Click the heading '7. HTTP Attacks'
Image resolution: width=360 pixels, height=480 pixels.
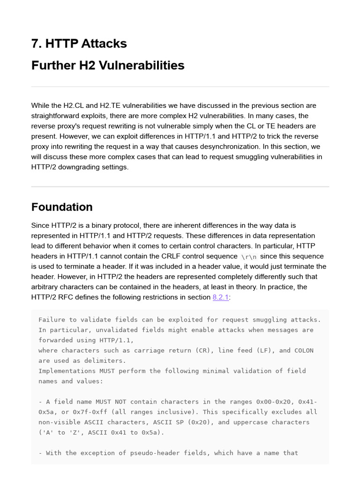(79, 44)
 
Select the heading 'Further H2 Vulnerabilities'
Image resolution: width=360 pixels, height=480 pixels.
(108, 65)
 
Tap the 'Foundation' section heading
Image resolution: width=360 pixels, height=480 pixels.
(62, 207)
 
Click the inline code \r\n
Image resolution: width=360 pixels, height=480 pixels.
(248, 256)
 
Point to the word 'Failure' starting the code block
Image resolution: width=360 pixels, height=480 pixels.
(52, 320)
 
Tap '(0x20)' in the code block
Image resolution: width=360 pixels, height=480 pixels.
(201, 422)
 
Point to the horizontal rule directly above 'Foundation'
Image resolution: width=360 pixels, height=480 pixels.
(180, 187)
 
